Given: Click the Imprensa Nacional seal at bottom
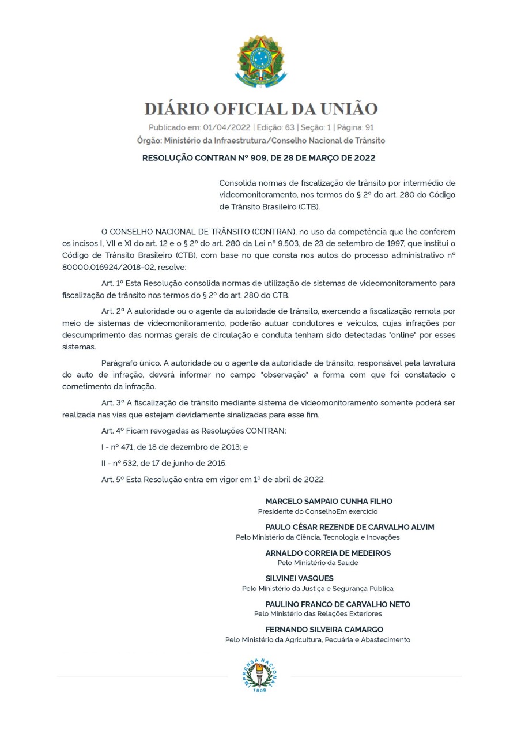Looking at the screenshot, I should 260,675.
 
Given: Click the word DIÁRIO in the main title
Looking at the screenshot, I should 176,108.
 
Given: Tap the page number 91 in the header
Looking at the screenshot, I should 369,127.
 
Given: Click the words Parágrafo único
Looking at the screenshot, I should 130,363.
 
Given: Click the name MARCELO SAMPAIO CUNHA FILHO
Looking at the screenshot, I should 329,502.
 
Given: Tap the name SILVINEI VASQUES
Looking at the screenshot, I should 299,578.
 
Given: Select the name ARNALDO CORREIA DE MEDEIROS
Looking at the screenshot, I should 328,553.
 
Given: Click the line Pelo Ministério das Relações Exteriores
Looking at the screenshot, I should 318,613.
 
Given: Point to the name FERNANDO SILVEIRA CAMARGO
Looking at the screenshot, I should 324,630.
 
